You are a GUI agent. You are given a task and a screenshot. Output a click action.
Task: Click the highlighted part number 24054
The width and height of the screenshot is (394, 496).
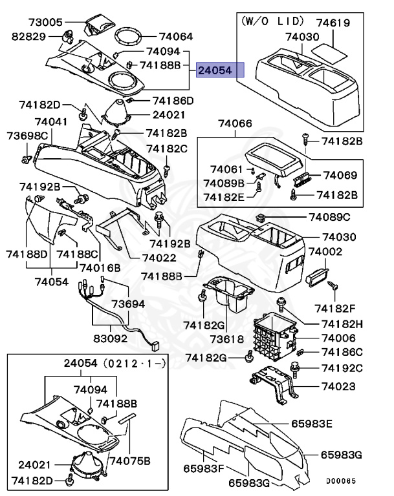[x=221, y=70]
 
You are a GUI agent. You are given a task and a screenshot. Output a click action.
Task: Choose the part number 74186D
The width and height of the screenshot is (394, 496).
[x=173, y=101]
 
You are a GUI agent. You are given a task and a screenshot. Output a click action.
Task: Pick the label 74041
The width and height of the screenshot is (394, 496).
[x=51, y=121]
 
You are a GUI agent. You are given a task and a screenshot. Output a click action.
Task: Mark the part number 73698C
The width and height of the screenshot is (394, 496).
[x=28, y=136]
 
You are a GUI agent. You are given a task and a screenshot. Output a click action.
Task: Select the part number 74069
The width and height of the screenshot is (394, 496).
[x=340, y=175]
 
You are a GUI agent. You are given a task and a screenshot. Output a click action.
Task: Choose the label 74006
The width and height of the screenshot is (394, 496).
[x=340, y=338]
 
